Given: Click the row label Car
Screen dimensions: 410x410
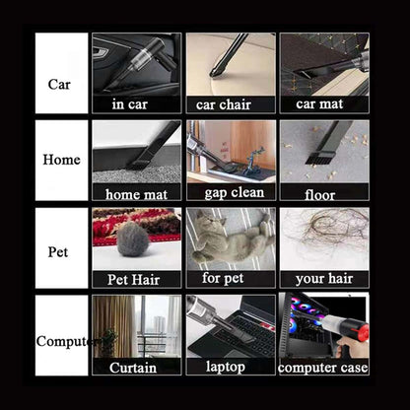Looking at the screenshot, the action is [59, 85].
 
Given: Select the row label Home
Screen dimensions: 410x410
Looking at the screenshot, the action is [61, 160].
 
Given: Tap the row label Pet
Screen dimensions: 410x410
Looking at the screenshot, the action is [58, 252].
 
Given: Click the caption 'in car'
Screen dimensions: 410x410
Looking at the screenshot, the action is [130, 104].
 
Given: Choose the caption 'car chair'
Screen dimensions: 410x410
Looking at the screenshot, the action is [224, 104].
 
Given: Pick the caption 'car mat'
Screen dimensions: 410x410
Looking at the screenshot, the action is [319, 103].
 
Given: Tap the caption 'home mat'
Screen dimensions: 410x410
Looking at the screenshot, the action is [136, 194].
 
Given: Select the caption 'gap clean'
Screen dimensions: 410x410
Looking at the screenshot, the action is [235, 193].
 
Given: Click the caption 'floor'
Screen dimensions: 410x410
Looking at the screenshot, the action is [319, 195].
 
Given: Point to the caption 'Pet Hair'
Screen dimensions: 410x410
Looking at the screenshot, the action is [133, 280].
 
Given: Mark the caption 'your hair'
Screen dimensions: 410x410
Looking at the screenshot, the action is [324, 279].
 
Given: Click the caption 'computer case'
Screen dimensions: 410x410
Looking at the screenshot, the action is [322, 368].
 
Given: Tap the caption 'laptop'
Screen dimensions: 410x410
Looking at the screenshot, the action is [226, 367].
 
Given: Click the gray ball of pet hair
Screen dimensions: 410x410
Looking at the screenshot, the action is [133, 239].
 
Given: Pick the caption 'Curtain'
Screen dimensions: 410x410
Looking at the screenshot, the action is [133, 368].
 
